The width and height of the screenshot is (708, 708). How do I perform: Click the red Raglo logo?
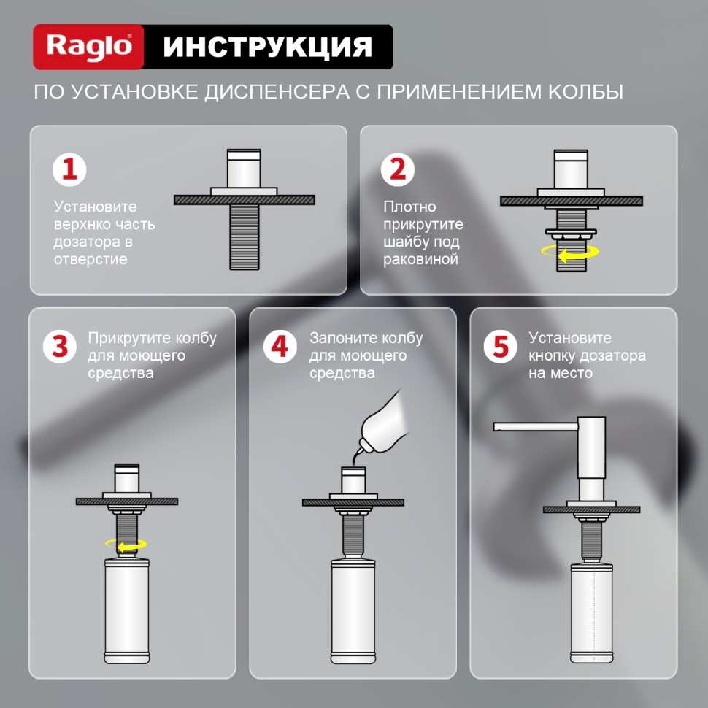89,47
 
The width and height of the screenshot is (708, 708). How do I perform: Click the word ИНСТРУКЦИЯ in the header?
267,47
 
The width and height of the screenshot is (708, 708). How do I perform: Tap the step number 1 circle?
69,169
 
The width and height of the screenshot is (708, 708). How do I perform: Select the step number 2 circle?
399,169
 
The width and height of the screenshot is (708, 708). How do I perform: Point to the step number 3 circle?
60,346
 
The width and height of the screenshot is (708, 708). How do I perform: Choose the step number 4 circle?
280,346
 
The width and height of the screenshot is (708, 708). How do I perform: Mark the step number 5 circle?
500,346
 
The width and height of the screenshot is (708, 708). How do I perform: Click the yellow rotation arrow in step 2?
569,253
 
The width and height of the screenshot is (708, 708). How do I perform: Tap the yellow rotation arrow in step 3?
126,544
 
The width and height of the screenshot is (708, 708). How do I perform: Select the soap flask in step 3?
127,612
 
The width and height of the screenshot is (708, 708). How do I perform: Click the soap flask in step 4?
353,612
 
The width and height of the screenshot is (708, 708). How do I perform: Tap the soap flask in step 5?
593,612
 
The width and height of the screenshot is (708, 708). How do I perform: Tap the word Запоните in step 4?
339,338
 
